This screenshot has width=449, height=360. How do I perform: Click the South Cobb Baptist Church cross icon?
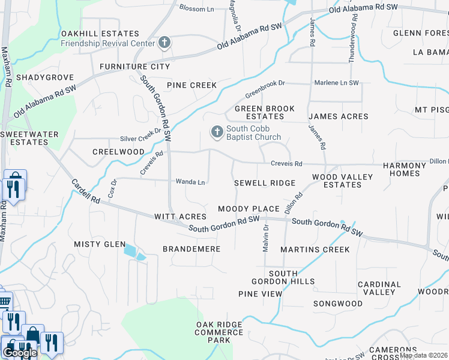click(217, 131)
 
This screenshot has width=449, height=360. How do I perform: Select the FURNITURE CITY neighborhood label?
click(134, 67)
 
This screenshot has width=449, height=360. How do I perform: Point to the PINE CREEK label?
click(191, 85)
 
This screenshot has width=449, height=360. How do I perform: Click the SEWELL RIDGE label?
click(265, 183)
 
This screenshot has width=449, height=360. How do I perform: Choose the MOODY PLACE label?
click(249, 209)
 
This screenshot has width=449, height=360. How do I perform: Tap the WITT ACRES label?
click(180, 216)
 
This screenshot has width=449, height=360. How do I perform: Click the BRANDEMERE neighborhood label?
click(191, 248)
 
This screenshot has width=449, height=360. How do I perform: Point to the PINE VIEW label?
click(260, 294)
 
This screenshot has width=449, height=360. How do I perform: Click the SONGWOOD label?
click(338, 304)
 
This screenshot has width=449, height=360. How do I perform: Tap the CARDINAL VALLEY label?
click(379, 288)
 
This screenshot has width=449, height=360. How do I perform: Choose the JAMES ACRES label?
click(338, 116)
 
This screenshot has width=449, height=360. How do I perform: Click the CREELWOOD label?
click(118, 152)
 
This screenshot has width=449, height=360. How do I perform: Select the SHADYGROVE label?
click(45, 77)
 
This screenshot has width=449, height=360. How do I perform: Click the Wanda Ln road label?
click(190, 182)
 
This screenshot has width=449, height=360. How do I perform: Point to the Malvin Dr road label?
click(265, 238)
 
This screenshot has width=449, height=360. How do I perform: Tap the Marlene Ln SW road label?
click(336, 83)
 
